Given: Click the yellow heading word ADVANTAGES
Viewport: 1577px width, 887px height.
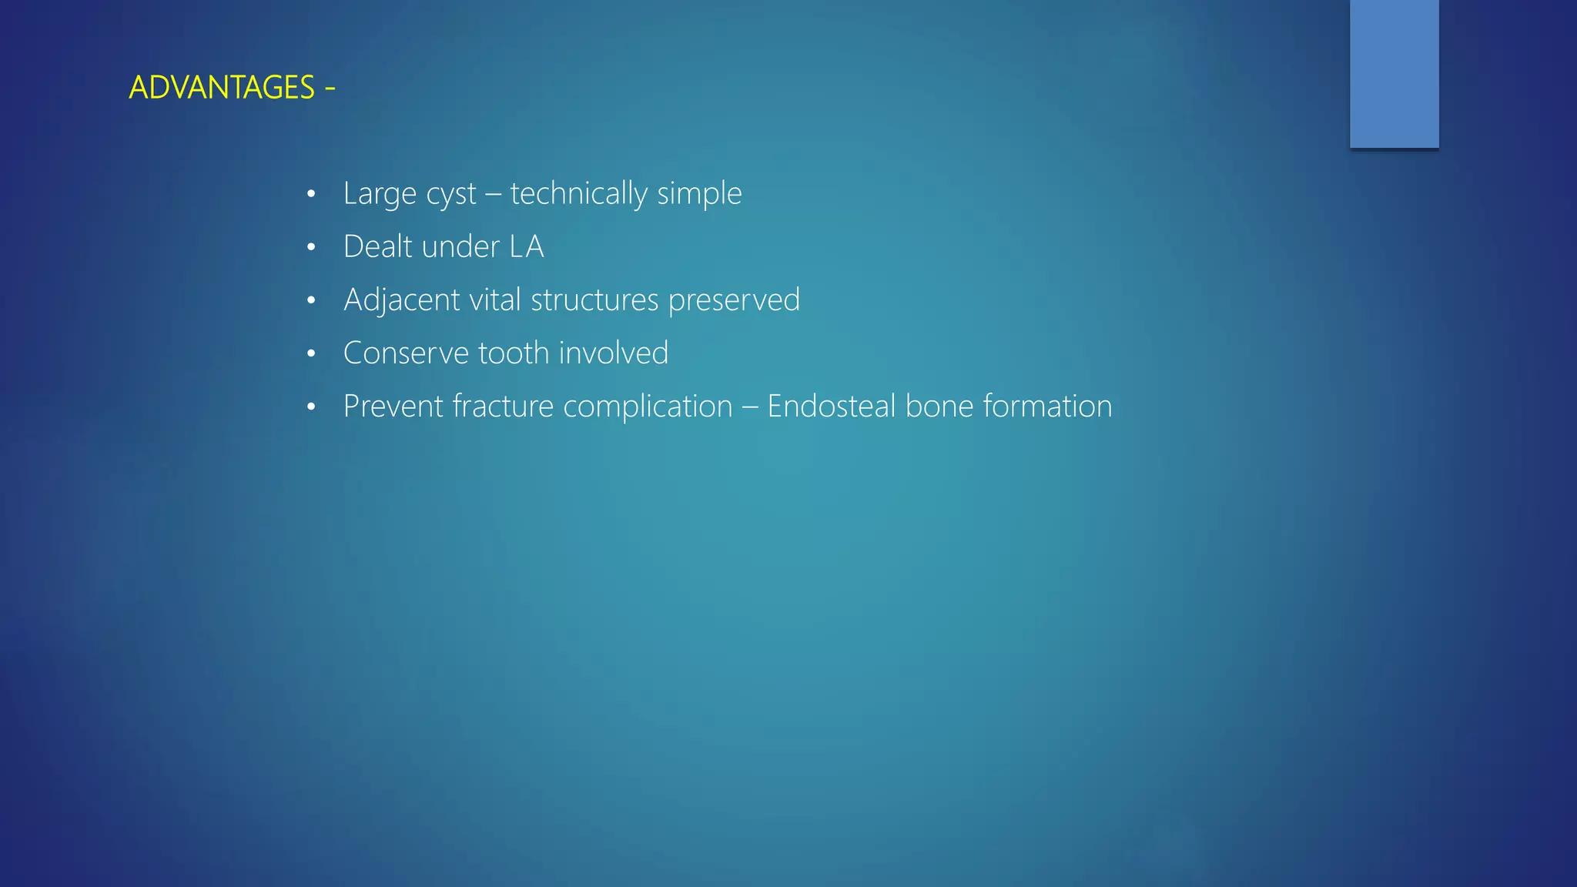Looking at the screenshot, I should click(x=222, y=88).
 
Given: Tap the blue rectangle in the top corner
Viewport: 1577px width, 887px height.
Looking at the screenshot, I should click(x=1394, y=73).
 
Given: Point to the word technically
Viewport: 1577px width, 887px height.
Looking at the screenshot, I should click(x=578, y=194).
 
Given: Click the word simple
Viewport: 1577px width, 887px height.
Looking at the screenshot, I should click(x=699, y=194).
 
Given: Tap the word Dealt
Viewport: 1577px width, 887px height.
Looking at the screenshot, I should click(x=377, y=247).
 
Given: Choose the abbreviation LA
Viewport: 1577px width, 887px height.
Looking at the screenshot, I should click(x=527, y=247).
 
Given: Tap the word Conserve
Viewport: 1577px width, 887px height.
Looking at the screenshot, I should click(x=406, y=353).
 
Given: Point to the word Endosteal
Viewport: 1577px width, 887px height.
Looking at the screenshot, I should click(x=831, y=407).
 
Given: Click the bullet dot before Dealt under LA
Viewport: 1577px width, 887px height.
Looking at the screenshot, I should click(x=311, y=248).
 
